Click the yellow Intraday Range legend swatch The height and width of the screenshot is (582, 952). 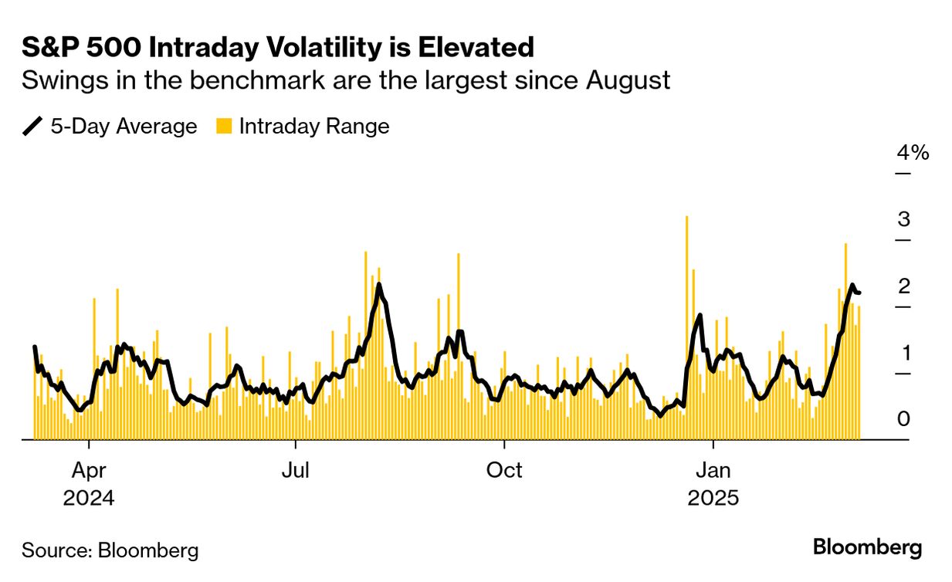point(224,126)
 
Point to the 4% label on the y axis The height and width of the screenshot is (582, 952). point(913,153)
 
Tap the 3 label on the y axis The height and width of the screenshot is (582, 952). point(903,219)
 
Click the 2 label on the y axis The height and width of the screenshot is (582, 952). point(903,286)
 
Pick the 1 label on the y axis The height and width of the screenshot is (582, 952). point(903,353)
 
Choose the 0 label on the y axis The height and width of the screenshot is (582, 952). point(903,419)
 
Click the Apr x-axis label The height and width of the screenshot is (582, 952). point(89,470)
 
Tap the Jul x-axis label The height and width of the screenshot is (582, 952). point(296,470)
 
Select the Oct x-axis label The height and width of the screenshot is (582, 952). point(504,470)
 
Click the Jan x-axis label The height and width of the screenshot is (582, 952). point(713,470)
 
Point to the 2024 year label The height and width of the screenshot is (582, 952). point(89,498)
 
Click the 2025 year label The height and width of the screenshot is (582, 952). point(713,498)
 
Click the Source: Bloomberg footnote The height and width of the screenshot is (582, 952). point(110,550)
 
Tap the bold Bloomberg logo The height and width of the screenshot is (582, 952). point(867,548)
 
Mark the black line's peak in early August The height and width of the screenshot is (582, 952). point(378,285)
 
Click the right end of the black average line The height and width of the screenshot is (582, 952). point(859,293)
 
